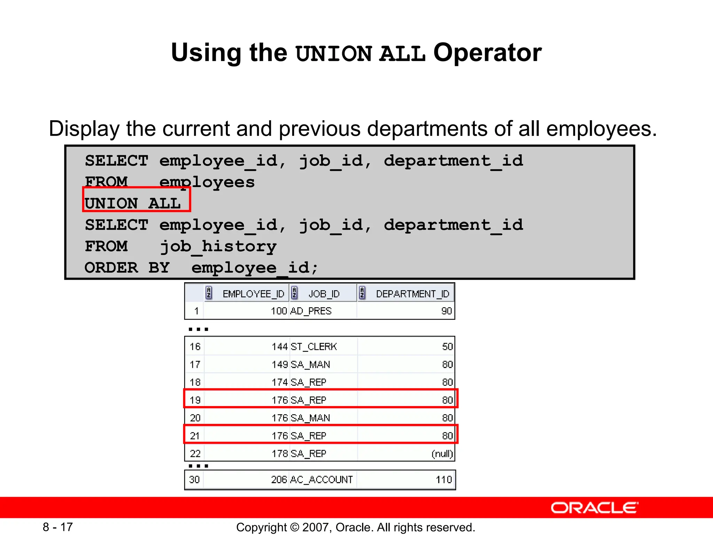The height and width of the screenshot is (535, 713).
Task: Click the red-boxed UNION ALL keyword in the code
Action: (133, 203)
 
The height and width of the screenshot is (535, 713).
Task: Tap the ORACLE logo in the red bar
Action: (594, 508)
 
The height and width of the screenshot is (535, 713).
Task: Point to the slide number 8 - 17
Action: (58, 527)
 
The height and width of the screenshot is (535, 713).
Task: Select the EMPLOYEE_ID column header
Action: (253, 294)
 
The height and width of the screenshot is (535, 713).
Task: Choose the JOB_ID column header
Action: (324, 294)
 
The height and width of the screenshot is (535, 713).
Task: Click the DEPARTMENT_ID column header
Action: (413, 294)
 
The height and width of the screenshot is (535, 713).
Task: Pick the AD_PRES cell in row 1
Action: (311, 311)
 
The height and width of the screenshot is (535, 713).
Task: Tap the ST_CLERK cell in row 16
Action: (314, 347)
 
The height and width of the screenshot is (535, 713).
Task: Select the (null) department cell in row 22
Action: (442, 454)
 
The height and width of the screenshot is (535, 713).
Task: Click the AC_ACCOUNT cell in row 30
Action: (321, 480)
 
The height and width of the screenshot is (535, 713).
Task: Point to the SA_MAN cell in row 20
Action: (310, 418)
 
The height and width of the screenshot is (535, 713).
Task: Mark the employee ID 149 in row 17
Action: (280, 365)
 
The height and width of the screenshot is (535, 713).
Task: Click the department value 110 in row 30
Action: (444, 480)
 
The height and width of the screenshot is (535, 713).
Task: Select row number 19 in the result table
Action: (195, 400)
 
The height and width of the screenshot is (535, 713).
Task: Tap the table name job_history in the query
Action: (218, 247)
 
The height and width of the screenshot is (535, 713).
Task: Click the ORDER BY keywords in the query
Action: (127, 268)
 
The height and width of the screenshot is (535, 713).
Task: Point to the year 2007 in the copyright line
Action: (316, 527)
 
